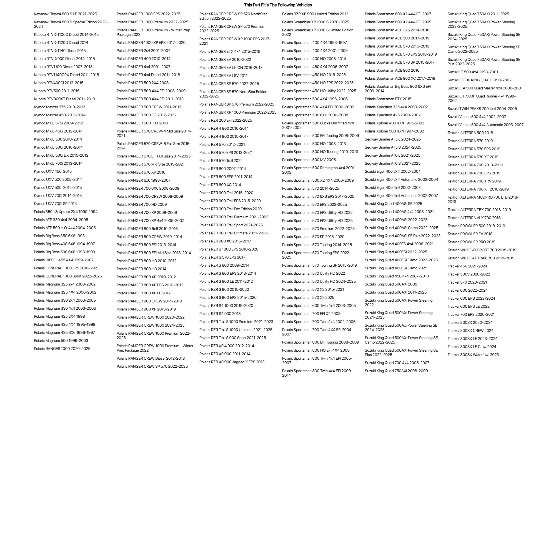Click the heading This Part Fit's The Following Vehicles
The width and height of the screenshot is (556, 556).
[x=278, y=5]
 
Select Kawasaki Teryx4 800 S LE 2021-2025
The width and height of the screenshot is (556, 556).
[x=65, y=14]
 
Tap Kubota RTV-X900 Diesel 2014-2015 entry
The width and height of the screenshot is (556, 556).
[x=64, y=59]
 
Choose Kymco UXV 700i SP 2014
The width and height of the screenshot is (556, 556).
[x=55, y=204]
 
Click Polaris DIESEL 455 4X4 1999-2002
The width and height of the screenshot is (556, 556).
[x=64, y=260]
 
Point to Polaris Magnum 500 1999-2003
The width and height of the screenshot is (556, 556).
[x=61, y=340]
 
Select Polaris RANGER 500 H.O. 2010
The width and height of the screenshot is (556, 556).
[x=142, y=123]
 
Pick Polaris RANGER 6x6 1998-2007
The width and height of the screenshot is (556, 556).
[x=143, y=180]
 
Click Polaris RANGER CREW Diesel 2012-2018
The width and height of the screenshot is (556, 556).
[x=151, y=358]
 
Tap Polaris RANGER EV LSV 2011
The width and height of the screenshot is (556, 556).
[x=223, y=75]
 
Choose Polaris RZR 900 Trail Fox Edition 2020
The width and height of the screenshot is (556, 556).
[x=231, y=209]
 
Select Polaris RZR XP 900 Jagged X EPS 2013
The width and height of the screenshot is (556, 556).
[x=232, y=362]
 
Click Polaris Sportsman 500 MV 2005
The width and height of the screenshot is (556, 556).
[x=309, y=160]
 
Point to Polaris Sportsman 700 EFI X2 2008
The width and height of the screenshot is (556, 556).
[x=311, y=313]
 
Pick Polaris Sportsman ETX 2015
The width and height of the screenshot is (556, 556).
[x=388, y=99]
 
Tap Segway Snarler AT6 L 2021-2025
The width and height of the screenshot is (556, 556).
[x=392, y=155]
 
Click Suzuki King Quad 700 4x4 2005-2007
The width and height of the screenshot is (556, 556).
[x=397, y=363]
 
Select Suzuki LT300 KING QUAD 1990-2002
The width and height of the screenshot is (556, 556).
[x=479, y=80]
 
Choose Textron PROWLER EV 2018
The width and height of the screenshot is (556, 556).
[x=470, y=234]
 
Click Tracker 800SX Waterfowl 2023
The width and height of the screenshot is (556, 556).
[x=473, y=355]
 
